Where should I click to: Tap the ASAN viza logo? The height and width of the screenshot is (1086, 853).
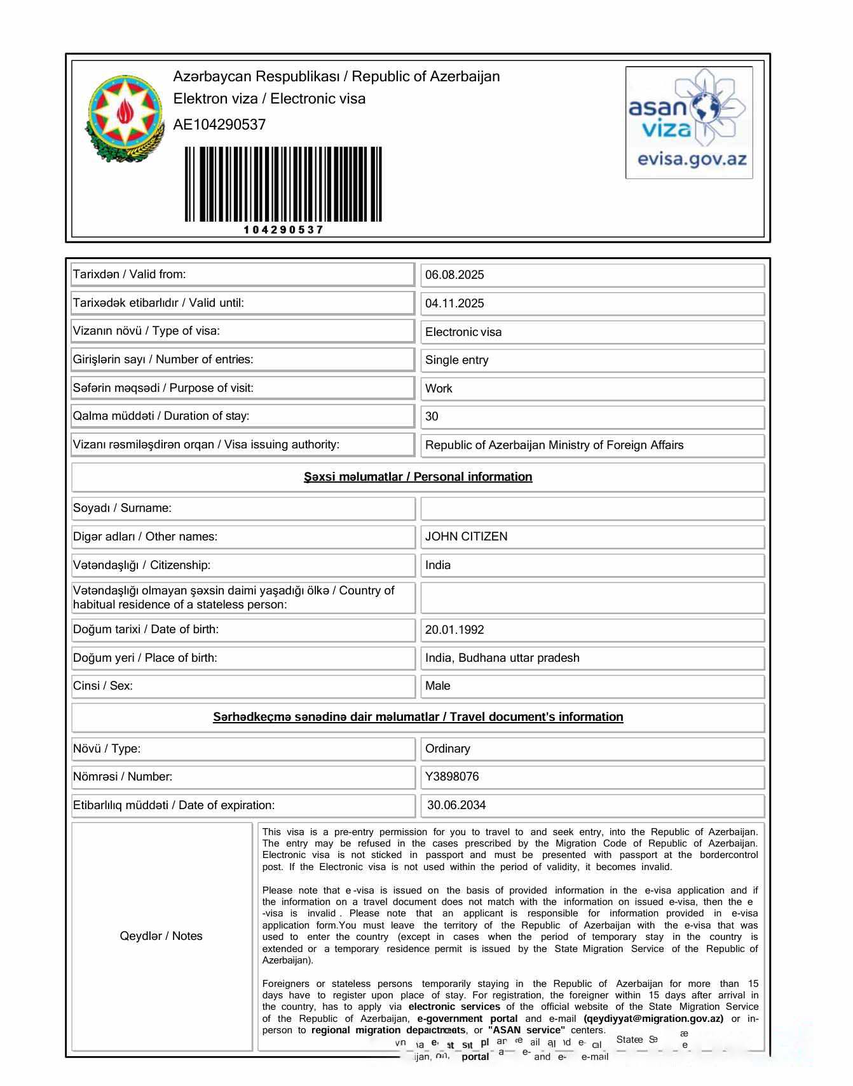coord(689,122)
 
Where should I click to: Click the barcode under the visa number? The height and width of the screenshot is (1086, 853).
coord(283,184)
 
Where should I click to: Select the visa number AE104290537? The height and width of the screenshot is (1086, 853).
coord(219,124)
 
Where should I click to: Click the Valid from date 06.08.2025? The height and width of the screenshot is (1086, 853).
coord(454,275)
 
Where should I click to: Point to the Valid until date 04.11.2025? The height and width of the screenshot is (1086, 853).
coord(454,304)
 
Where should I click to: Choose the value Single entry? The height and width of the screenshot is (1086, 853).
coord(457,360)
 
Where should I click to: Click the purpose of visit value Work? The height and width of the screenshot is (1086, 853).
coord(439,389)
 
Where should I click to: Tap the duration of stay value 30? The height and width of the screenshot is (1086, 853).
coord(432,417)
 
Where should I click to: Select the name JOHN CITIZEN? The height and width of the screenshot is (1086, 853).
coord(467,537)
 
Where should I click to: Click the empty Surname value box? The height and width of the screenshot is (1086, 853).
coord(592,509)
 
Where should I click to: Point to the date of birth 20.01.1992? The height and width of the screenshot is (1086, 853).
coord(454,630)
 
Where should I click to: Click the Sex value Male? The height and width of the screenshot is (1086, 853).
coord(438,686)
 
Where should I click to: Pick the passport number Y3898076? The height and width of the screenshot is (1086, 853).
coord(452,777)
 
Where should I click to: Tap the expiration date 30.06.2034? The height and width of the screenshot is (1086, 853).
coord(456,805)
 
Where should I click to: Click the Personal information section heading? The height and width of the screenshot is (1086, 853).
coord(418,477)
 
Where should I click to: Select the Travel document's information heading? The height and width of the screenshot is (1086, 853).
coord(418,717)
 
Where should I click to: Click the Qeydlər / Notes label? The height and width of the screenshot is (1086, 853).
coord(161,936)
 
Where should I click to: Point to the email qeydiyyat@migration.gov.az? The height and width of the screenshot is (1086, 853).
coord(653,1019)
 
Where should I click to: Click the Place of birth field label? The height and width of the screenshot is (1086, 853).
coord(145,658)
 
